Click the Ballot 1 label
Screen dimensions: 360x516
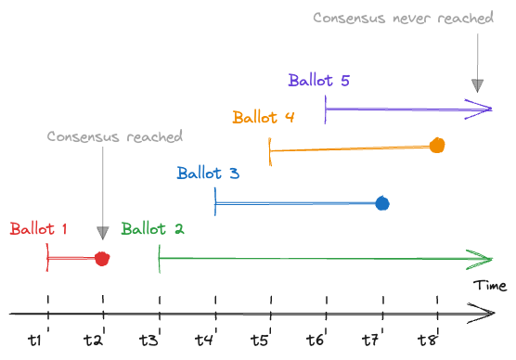click(39, 229)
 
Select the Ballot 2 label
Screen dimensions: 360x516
click(152, 229)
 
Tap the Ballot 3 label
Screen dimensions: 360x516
click(208, 174)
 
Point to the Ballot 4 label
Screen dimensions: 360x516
click(264, 118)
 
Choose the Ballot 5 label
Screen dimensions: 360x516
click(318, 81)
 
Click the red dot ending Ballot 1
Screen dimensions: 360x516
click(102, 259)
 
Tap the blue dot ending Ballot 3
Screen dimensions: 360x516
click(381, 203)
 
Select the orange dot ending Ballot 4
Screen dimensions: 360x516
click(437, 145)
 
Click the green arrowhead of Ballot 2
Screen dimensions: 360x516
click(483, 259)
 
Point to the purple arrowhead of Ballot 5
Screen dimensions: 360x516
click(483, 109)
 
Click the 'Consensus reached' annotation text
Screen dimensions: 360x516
click(115, 136)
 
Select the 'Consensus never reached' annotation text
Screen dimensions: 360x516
click(403, 18)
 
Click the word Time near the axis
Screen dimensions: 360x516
click(489, 285)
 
